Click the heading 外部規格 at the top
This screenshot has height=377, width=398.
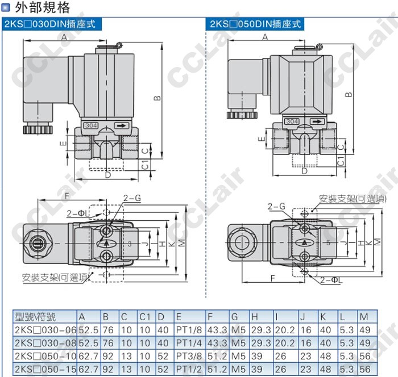tap(42, 7)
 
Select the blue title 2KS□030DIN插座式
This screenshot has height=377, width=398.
tap(50, 24)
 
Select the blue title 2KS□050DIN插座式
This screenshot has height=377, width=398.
tap(255, 24)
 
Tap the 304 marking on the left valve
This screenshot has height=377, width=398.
tap(91, 125)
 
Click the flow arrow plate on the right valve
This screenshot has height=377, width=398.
tap(317, 122)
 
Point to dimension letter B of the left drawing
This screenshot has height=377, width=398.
tap(157, 98)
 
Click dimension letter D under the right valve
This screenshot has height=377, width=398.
tap(305, 171)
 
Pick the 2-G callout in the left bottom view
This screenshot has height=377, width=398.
tap(132, 198)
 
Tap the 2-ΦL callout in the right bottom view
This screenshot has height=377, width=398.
tap(331, 280)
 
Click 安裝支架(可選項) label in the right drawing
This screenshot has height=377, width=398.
tap(353, 199)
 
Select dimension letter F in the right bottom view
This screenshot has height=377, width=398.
tap(272, 278)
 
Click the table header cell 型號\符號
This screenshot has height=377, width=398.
tap(35, 317)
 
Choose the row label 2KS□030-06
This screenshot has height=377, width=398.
tap(45, 330)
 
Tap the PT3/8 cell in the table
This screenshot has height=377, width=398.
tap(189, 356)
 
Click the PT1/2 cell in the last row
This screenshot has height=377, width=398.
tap(189, 369)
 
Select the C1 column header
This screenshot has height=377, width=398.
tap(145, 317)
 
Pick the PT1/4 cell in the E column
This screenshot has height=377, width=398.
tap(189, 343)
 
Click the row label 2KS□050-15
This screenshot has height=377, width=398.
tap(45, 369)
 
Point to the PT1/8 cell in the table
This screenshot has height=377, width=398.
tap(189, 330)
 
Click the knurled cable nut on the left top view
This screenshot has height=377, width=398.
tap(38, 129)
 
